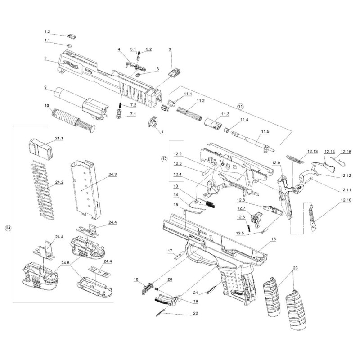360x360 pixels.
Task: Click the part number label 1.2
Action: coord(47,32)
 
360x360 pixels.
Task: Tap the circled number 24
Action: coord(8,228)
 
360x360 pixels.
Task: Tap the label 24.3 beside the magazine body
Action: coord(112,174)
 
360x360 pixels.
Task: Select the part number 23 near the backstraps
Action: coord(295,268)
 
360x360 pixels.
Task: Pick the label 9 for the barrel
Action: coord(45,87)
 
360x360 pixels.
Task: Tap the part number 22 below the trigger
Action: coord(195,313)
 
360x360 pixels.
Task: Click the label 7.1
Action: coord(133,115)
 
